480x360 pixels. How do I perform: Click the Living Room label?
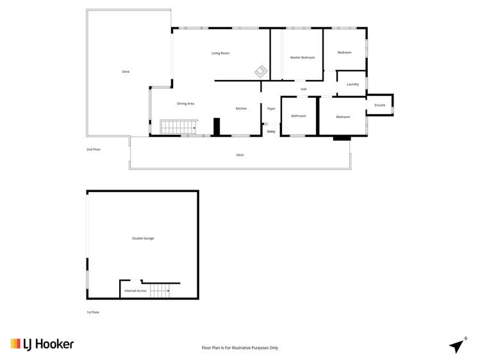(220, 53)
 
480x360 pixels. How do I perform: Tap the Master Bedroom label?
(302, 58)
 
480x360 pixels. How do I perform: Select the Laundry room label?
(352, 85)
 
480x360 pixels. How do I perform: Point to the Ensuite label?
(380, 104)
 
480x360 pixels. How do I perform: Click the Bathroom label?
(299, 116)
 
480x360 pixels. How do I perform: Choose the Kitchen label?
(241, 109)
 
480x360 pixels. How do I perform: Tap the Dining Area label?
(186, 103)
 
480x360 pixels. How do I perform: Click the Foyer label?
(271, 109)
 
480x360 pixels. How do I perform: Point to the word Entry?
(271, 131)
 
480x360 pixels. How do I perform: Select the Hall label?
(303, 89)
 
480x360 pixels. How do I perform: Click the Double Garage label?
(143, 238)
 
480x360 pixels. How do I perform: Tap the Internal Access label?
(136, 291)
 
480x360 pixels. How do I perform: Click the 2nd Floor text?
(94, 149)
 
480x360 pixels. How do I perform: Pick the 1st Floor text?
(93, 313)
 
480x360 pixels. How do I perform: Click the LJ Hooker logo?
(42, 344)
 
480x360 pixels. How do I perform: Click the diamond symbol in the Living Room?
(261, 71)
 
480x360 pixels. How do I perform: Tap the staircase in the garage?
(160, 291)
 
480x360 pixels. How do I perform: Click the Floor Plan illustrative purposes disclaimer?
(240, 348)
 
